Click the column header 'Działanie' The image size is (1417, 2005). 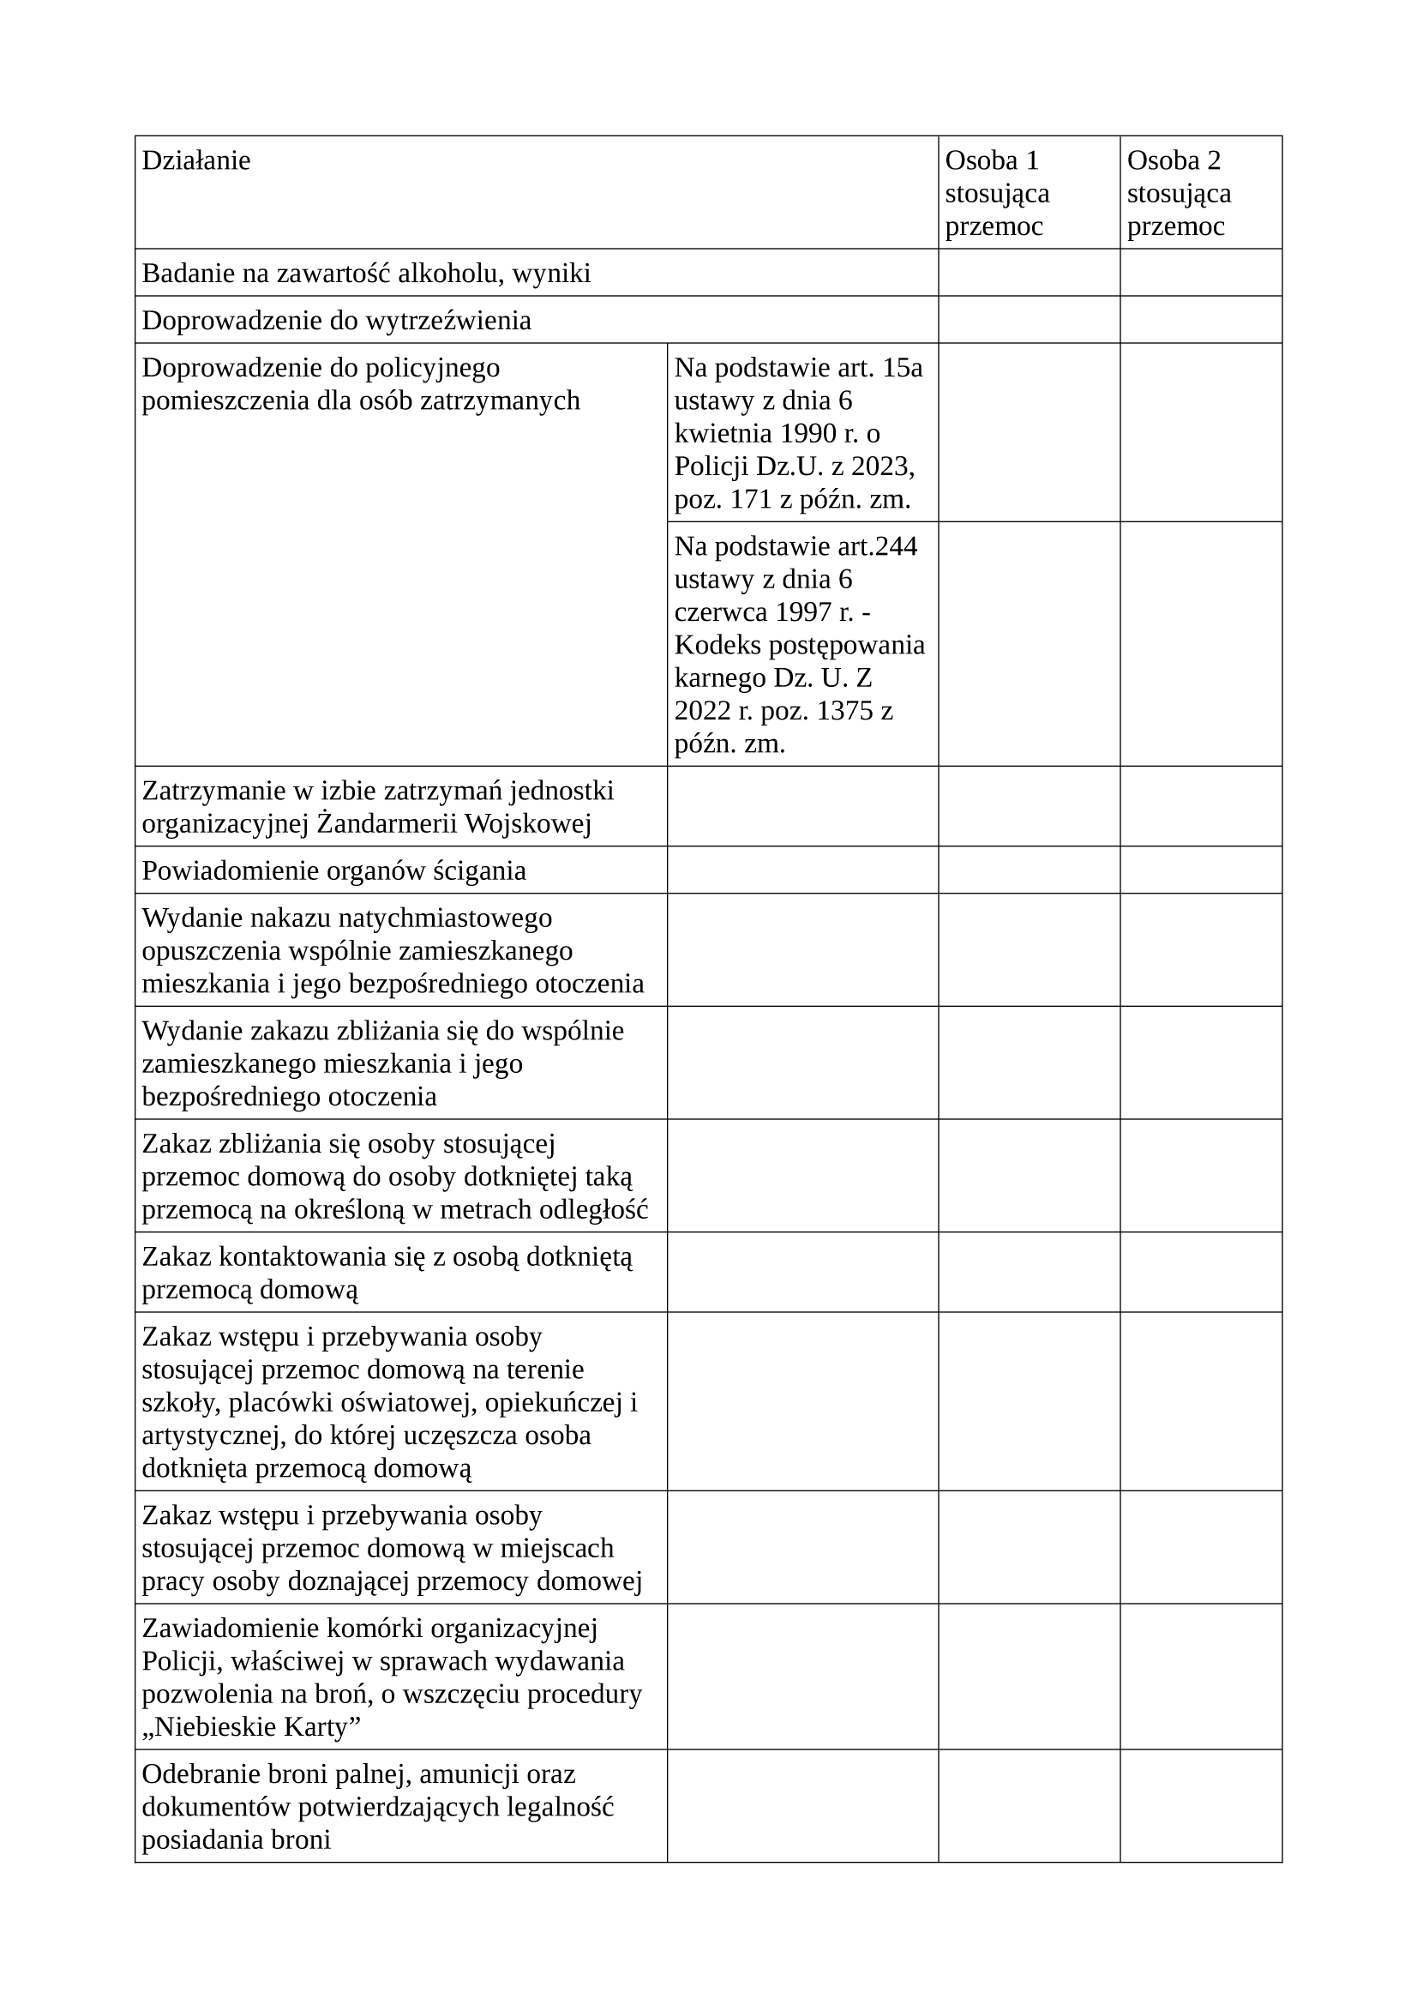(x=195, y=160)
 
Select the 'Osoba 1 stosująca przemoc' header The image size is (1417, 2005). (x=997, y=193)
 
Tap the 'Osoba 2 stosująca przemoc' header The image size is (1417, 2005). (x=1179, y=193)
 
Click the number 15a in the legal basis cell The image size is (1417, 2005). (x=903, y=368)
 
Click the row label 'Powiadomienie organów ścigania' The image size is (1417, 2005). (x=333, y=870)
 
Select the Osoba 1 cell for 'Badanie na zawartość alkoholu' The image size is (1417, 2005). (x=1029, y=273)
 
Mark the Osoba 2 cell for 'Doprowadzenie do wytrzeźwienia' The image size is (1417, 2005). (x=1200, y=320)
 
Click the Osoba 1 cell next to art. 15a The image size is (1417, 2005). (x=1029, y=432)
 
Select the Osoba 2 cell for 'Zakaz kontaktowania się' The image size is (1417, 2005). (x=1200, y=1273)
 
